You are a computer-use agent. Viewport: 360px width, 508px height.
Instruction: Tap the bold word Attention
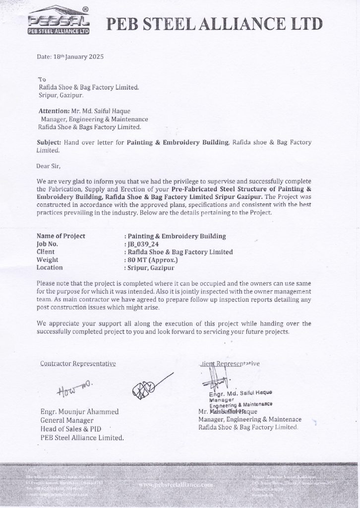54,112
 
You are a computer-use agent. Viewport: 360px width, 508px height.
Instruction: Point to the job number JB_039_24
143,244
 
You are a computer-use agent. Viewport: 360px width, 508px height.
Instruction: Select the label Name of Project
61,236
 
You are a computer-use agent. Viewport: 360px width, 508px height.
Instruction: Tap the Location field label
50,267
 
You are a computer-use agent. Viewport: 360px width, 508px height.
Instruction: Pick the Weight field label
48,259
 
